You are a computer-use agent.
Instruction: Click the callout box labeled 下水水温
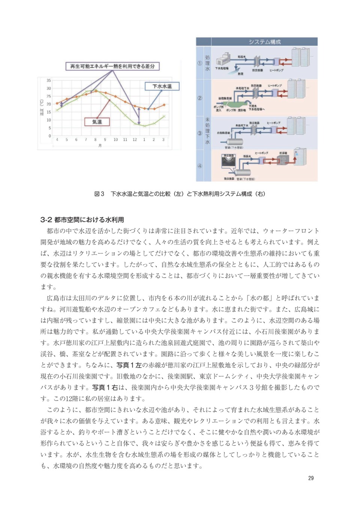[x=162, y=86]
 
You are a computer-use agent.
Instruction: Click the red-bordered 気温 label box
[x=97, y=122]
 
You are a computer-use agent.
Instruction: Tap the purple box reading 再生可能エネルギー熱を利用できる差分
[x=112, y=66]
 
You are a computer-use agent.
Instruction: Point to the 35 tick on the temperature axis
[x=49, y=81]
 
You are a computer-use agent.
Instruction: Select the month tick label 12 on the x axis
[x=135, y=139]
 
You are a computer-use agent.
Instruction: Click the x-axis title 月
[x=100, y=145]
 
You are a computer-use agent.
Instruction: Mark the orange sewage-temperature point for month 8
[x=96, y=91]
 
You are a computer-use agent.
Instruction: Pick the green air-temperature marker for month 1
[x=144, y=126]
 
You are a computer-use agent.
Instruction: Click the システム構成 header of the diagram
[x=264, y=42]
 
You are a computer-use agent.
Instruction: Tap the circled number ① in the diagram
[x=200, y=63]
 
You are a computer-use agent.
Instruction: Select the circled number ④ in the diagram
[x=200, y=166]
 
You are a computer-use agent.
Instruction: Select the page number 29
[x=310, y=478]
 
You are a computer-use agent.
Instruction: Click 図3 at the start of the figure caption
[x=99, y=194]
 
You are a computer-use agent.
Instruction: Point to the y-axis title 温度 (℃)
[x=42, y=107]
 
